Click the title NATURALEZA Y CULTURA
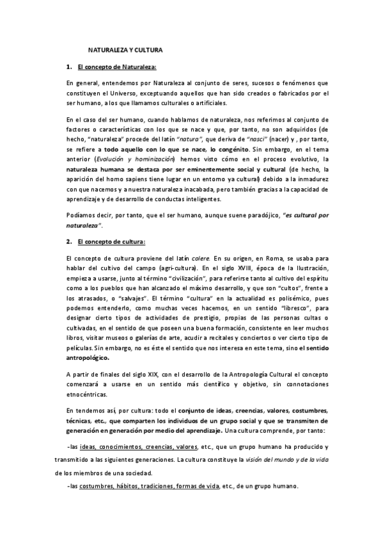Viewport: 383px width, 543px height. coord(125,49)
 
